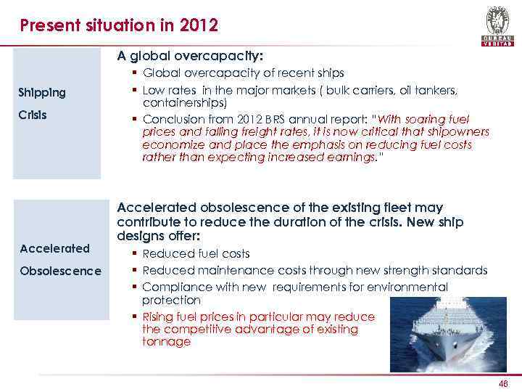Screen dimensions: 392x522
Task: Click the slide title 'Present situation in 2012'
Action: coord(119,27)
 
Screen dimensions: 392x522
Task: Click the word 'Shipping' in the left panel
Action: coord(43,92)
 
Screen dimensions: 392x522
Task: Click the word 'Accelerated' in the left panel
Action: coord(55,248)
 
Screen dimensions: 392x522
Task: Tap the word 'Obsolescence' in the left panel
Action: coord(61,271)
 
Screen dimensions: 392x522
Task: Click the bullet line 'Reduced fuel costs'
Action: coord(196,253)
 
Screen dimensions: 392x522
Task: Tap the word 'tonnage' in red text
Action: coord(167,341)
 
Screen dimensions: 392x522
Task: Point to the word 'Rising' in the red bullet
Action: coord(159,317)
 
